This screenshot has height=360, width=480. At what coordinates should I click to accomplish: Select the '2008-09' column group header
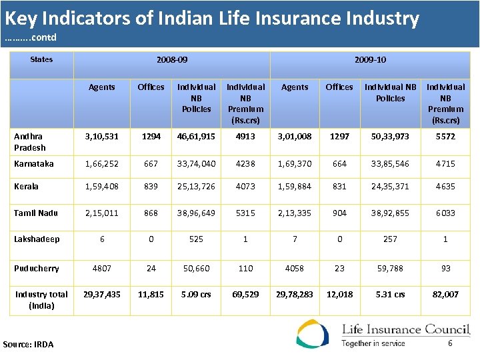point(172,60)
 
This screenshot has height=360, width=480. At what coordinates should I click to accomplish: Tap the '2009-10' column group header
point(370,60)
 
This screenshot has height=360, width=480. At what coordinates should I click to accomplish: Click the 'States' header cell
point(41,59)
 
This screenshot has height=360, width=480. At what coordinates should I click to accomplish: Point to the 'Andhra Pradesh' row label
point(30,142)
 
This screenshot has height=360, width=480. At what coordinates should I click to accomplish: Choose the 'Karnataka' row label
point(34,163)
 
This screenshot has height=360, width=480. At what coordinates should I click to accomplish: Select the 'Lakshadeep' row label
point(37,239)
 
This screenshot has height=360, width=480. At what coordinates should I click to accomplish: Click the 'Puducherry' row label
point(37,268)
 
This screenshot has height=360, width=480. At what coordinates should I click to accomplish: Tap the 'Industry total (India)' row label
point(41,300)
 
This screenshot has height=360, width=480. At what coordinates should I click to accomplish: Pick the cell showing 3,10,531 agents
point(102,137)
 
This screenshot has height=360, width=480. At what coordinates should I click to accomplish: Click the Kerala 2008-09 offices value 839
point(151,187)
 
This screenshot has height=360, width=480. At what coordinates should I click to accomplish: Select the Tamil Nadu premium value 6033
point(445,213)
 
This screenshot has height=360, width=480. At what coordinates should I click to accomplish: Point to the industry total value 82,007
point(445,294)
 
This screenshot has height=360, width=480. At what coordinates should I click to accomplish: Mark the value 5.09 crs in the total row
point(196,294)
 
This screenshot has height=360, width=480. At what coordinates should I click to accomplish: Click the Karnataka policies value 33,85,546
point(390,163)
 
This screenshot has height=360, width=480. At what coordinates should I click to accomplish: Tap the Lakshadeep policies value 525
point(196,239)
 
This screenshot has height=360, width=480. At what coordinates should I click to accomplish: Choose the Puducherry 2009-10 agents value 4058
point(295,268)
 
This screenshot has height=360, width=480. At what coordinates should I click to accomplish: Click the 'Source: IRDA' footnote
point(28,344)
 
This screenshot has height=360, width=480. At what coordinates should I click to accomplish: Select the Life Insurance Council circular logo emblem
point(313,334)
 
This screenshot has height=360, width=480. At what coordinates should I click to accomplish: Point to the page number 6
point(450,343)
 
